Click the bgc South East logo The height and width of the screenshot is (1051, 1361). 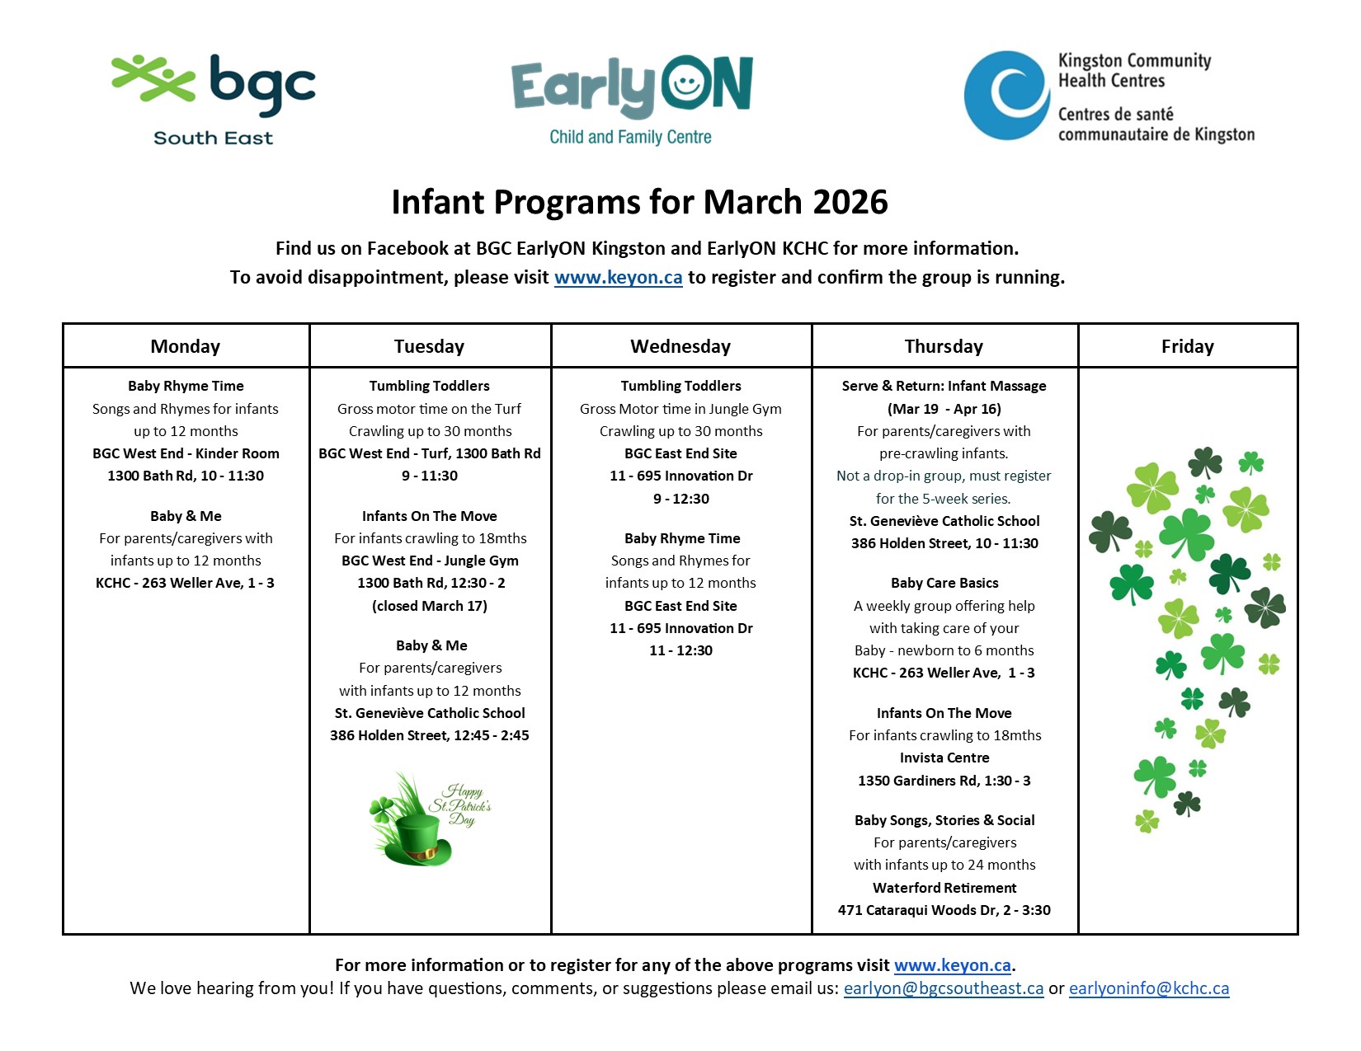point(213,99)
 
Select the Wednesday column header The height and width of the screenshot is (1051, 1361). point(680,346)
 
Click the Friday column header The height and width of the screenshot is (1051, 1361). point(1187,346)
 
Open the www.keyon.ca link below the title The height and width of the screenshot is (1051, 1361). point(618,278)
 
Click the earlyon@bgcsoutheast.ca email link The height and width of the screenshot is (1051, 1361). point(943,988)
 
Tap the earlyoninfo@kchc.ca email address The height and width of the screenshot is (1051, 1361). point(1148,988)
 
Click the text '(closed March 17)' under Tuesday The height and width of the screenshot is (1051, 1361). point(429,606)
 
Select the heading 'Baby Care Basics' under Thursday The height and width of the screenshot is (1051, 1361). point(944,583)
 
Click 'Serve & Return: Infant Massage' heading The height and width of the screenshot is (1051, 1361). point(944,386)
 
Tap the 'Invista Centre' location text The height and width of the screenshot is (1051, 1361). point(944,758)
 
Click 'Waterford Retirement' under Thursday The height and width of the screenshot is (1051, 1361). point(944,888)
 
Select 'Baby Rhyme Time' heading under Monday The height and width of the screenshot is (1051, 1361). point(186,386)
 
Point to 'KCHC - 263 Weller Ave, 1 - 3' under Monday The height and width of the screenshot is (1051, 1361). point(185,583)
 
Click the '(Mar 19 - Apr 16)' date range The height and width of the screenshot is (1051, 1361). point(944,409)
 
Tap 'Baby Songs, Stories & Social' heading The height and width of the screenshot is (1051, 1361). point(944,820)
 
